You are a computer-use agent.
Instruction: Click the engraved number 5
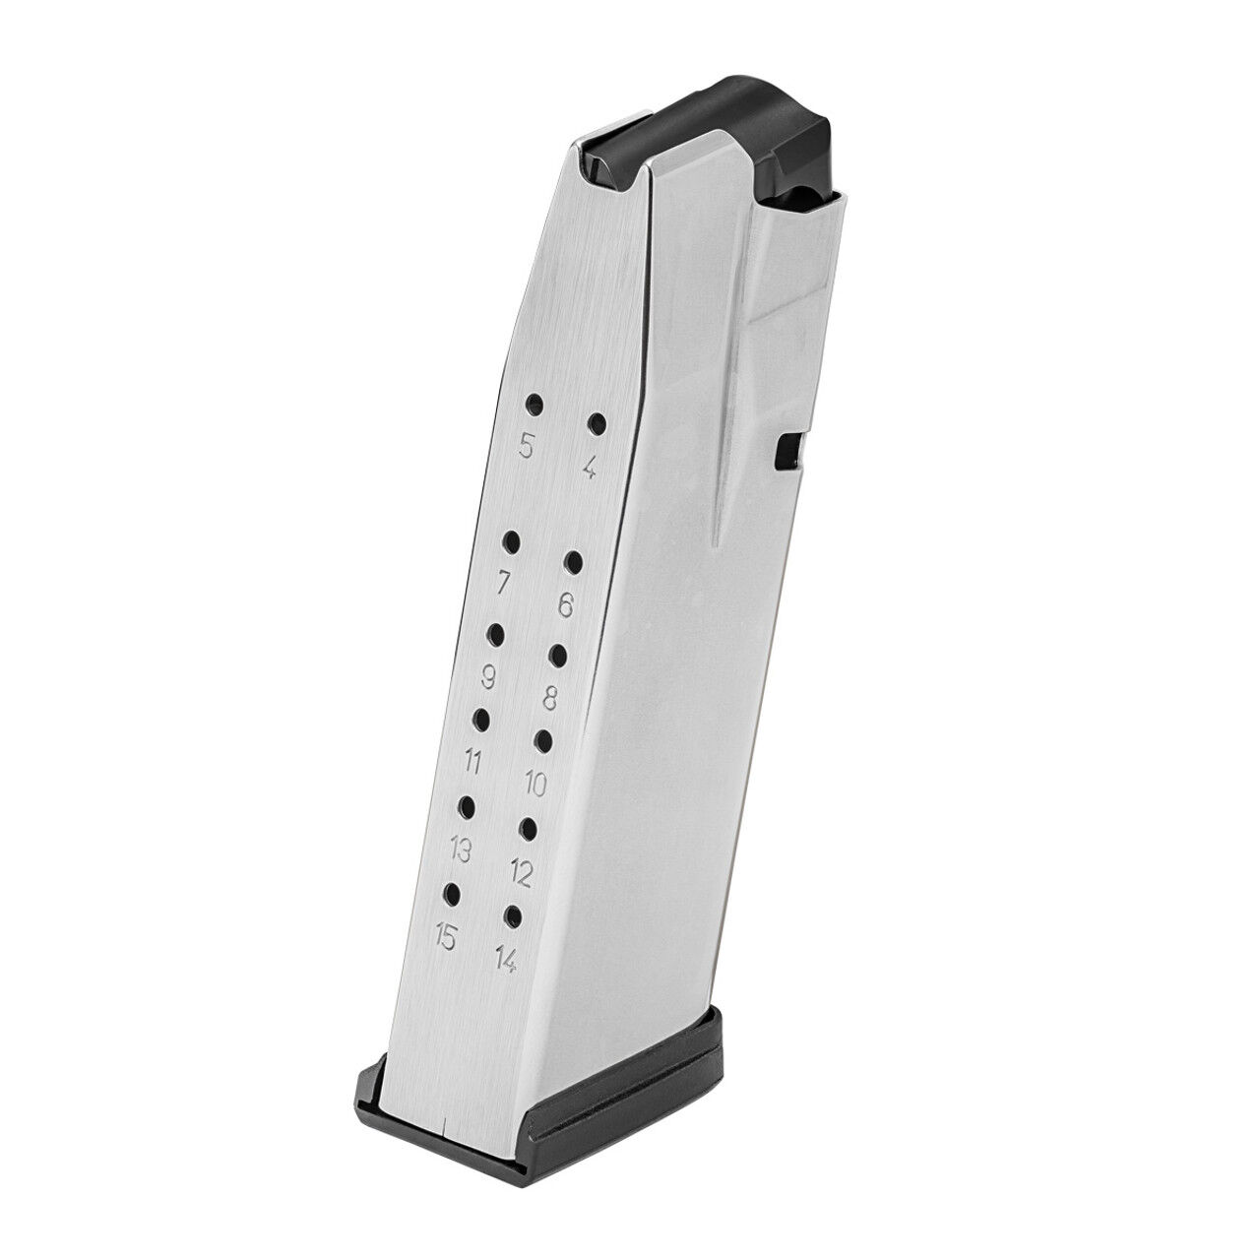tap(527, 448)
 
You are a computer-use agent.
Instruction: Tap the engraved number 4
tap(589, 468)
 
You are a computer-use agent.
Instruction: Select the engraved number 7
tap(503, 584)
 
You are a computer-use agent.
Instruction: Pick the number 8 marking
tap(550, 698)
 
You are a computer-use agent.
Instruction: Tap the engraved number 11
tap(473, 762)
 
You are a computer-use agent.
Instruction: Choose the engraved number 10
tap(536, 785)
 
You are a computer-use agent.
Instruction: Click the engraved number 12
tap(522, 871)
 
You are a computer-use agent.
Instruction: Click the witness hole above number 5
tap(535, 404)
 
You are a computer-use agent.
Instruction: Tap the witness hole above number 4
tap(597, 424)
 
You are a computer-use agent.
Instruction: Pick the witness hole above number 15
tap(453, 893)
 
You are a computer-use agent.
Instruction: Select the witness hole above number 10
tap(543, 739)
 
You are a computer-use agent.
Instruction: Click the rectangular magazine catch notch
tap(788, 450)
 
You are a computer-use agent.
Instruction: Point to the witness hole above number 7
tap(512, 541)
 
